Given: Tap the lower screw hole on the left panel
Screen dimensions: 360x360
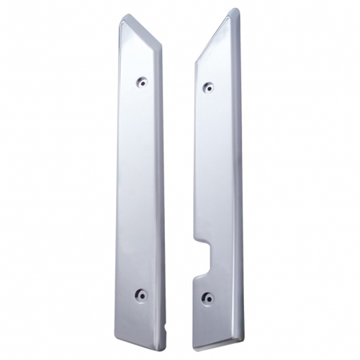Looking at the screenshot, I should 141,294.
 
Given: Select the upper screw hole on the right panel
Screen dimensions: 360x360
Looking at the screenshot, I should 208,87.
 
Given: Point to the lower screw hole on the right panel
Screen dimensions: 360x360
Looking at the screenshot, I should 208,297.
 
